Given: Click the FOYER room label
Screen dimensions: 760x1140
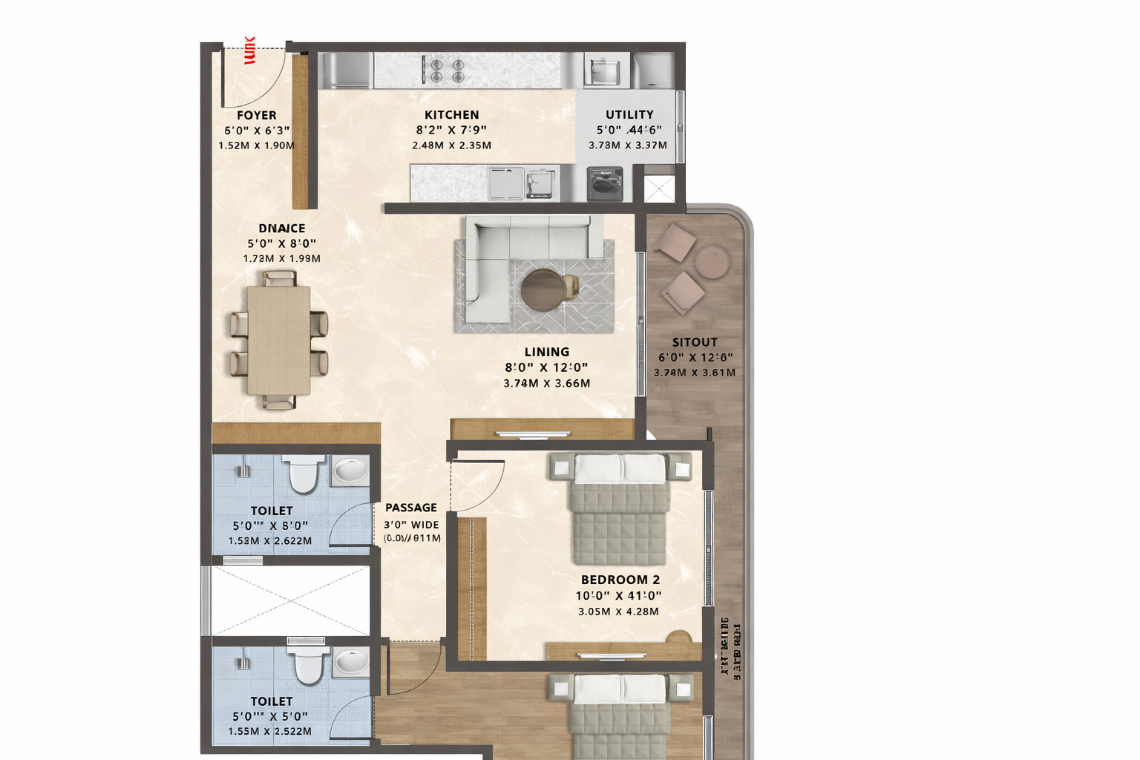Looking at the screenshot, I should click(x=256, y=115).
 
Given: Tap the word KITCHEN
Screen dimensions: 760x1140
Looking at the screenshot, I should click(x=451, y=115).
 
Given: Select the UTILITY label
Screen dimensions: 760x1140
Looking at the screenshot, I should click(x=629, y=115).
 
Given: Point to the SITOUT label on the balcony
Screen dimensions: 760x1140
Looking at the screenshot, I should click(x=695, y=342).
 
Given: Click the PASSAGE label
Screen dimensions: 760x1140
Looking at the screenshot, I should click(x=411, y=508).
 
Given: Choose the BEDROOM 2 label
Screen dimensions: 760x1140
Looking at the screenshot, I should click(x=620, y=580).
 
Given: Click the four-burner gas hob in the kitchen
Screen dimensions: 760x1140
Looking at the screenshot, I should click(x=448, y=71).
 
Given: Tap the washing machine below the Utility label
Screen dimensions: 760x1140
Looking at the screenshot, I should click(x=605, y=184).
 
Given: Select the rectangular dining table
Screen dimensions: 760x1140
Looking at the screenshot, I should click(x=278, y=340).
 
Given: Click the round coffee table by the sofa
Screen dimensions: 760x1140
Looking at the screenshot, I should click(x=543, y=289).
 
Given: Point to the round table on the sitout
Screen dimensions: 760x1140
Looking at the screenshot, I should click(x=712, y=261).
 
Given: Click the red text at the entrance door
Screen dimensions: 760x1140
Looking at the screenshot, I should click(x=249, y=50).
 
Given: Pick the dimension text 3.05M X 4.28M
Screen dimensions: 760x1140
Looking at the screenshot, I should click(x=618, y=612).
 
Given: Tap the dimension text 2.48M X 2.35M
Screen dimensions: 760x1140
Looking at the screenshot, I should click(x=451, y=145).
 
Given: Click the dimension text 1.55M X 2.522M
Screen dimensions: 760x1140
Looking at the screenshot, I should click(x=269, y=731).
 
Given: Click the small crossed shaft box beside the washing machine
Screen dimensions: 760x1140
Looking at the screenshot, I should click(x=659, y=189).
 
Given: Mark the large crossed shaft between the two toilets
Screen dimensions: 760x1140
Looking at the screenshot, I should click(x=290, y=600).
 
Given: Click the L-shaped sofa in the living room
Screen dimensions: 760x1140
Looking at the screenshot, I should click(x=512, y=252).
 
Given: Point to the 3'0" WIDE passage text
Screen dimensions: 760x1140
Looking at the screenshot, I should click(x=411, y=525).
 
